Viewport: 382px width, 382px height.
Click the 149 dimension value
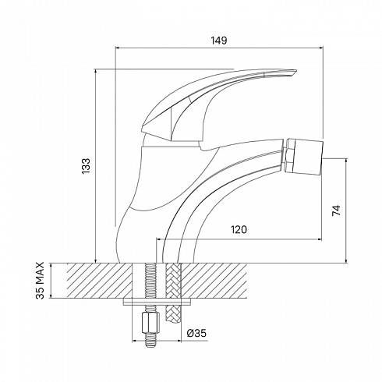pos(218,41)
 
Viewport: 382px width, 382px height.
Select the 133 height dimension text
pos(86,166)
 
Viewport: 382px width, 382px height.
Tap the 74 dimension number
pos(336,210)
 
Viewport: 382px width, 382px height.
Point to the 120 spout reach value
pos(239,230)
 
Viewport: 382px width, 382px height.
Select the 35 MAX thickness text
pos(40,281)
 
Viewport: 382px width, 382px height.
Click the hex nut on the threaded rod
pos(150,323)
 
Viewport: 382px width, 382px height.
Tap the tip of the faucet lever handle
pos(296,70)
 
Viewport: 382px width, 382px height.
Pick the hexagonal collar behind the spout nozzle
pos(290,155)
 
